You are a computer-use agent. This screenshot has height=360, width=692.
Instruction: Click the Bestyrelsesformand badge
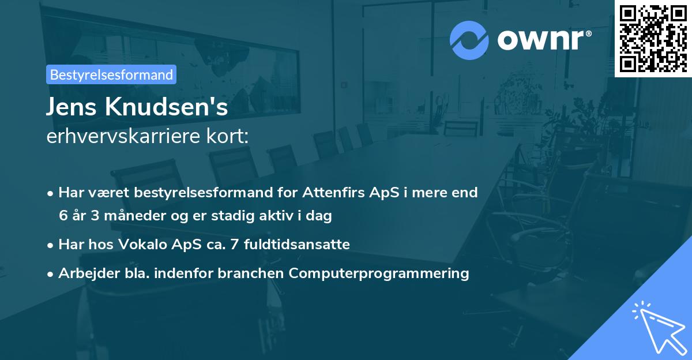point(111,74)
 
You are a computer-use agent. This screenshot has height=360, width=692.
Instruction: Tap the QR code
point(653,38)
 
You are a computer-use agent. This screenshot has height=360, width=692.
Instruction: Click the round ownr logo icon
point(469,40)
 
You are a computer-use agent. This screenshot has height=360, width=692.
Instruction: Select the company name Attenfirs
point(335,192)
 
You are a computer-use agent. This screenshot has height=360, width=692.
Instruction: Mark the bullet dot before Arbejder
point(51,274)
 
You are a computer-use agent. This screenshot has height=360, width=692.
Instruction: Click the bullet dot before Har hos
point(51,245)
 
